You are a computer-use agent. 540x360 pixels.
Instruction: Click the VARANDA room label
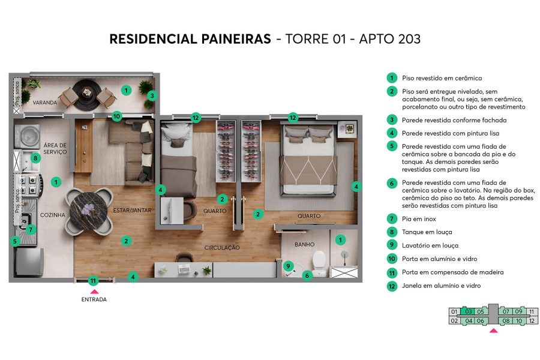tap(45, 103)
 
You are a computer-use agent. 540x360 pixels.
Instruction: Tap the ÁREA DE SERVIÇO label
tap(55, 148)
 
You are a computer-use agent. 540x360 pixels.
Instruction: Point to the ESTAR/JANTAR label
tap(132, 211)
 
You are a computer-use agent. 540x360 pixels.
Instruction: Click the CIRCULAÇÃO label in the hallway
tap(222, 247)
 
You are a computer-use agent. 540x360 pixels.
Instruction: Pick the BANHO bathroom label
tap(304, 245)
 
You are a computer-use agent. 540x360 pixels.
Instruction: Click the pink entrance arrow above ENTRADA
tap(94, 291)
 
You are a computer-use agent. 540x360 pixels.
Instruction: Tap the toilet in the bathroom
tap(319, 259)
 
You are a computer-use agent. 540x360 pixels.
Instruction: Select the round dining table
tap(90, 208)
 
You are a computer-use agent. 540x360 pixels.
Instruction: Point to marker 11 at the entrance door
tap(93, 280)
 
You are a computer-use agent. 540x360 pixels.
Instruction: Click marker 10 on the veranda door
tap(116, 116)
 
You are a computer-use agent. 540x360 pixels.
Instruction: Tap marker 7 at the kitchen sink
tap(31, 229)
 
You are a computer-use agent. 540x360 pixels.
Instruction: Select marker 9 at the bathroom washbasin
tap(289, 266)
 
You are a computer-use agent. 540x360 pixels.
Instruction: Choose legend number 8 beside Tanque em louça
tap(391, 232)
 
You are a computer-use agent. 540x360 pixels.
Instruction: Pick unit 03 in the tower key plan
tap(469, 311)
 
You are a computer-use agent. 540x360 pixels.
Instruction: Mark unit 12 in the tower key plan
tap(532, 321)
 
